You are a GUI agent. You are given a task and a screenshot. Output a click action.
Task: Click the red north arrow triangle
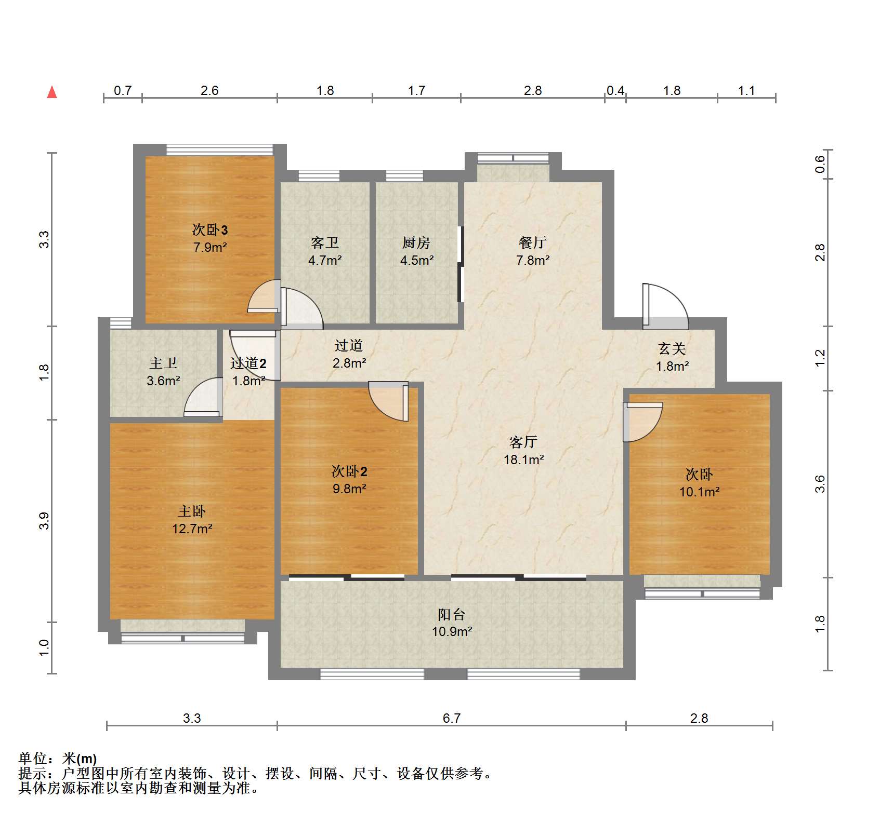pos(52,93)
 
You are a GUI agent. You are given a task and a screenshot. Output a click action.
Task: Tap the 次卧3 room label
pos(210,229)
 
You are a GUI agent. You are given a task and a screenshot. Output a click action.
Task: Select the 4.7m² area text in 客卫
pos(325,260)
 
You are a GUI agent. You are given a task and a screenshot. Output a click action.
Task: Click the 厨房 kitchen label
pos(416,242)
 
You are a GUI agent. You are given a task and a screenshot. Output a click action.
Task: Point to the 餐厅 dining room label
pos(532,242)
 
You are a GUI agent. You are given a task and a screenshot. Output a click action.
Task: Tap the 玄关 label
pos(672,348)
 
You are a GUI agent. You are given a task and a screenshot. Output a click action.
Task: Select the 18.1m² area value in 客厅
pos(523,460)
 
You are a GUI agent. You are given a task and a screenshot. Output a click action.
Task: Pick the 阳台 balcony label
pos(451,615)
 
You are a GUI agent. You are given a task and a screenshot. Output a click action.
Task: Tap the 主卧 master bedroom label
pos(192,511)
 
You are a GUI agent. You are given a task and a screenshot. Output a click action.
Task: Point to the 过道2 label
pos(248,363)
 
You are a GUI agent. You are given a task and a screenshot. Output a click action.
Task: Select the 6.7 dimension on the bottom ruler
pos(451,718)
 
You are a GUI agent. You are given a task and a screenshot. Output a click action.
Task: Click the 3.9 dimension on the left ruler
pos(44,521)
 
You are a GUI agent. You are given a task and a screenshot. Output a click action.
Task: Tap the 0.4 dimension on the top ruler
pos(615,91)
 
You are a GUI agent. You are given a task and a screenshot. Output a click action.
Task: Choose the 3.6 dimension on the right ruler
pos(820,484)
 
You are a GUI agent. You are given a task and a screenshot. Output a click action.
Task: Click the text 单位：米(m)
pos(58,759)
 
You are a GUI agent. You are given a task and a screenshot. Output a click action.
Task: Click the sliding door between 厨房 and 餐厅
pos(460,264)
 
